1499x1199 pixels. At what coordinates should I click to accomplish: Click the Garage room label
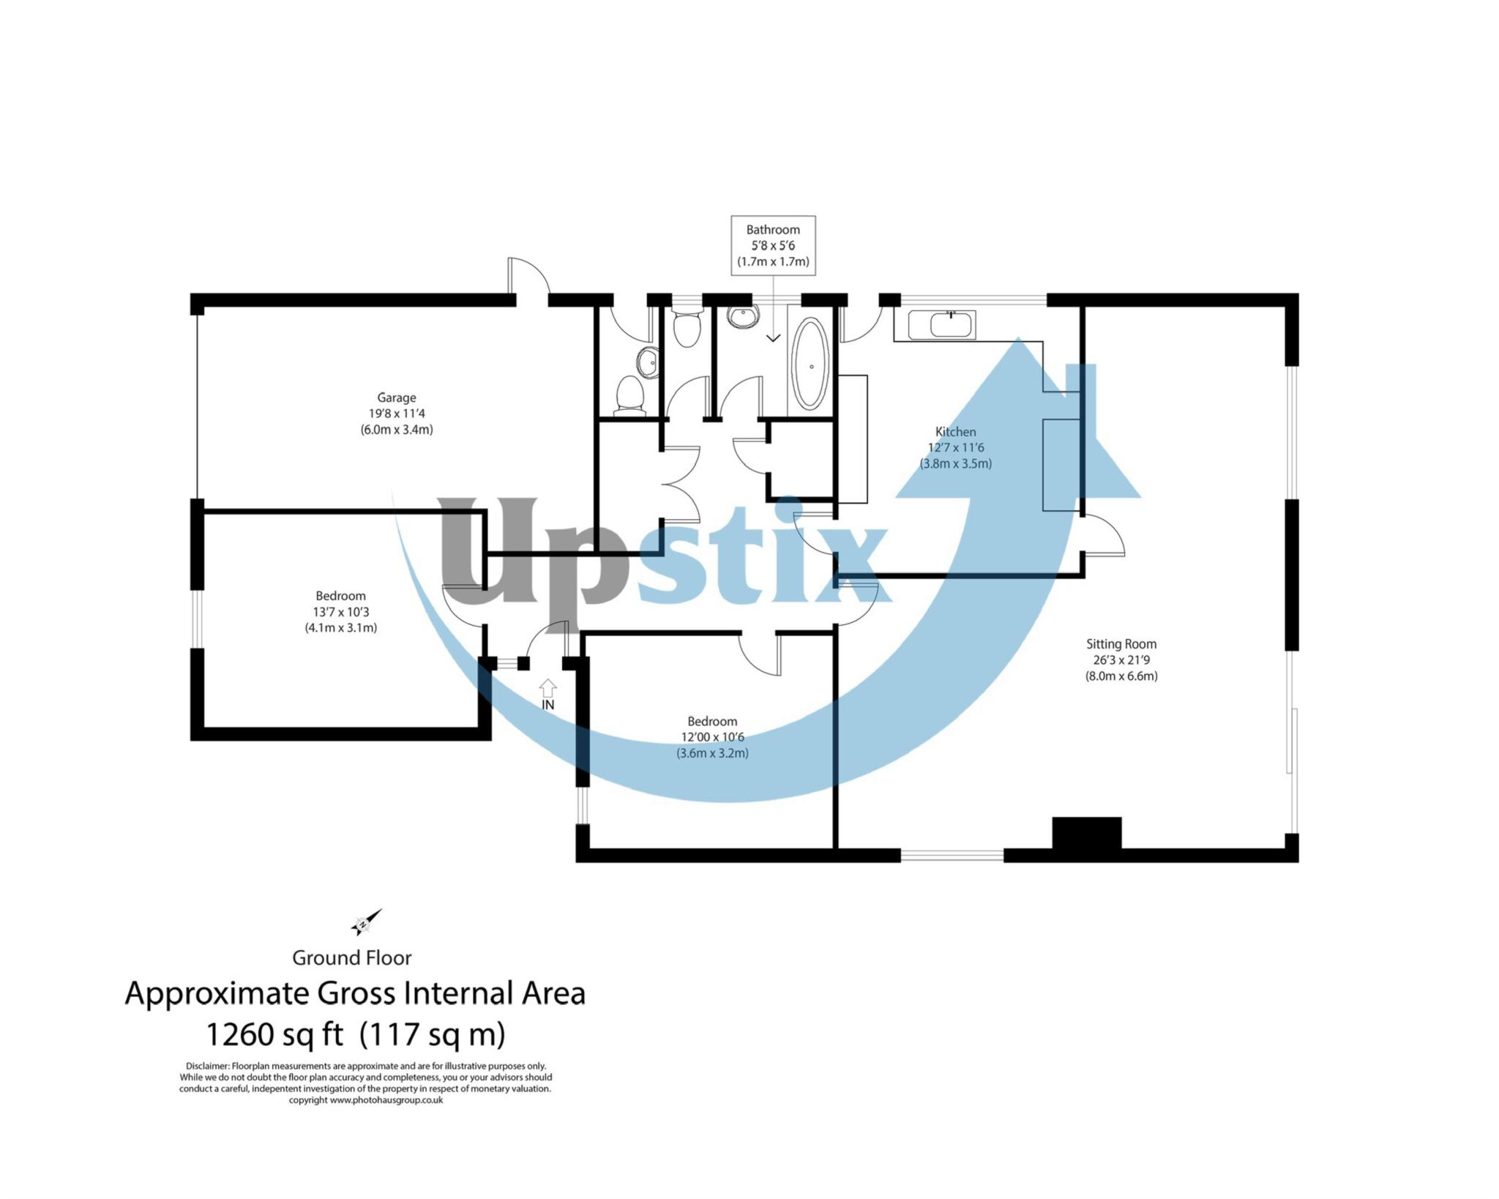[x=396, y=397]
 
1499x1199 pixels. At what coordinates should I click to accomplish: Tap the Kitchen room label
[x=955, y=432]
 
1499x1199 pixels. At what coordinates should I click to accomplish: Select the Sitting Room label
[x=1121, y=644]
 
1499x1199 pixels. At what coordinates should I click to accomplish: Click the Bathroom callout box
[x=773, y=245]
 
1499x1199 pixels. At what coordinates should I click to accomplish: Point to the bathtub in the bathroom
[x=810, y=364]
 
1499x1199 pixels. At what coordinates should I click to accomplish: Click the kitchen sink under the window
[x=941, y=325]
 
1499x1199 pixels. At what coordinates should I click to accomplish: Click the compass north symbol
[x=365, y=923]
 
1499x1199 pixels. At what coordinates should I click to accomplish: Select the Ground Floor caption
[x=352, y=957]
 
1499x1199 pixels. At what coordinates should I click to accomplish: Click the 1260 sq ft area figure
[x=274, y=1035]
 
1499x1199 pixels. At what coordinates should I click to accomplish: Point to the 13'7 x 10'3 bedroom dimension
[x=340, y=612]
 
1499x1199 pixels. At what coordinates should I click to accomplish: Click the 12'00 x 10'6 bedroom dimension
[x=712, y=737]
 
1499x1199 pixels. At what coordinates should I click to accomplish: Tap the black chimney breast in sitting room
[x=1086, y=833]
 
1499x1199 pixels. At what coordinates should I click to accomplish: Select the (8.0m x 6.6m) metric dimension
[x=1121, y=676]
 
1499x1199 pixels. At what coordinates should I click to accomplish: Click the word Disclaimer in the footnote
[x=208, y=1067]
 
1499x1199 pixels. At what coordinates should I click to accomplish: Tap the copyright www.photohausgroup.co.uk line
[x=366, y=1099]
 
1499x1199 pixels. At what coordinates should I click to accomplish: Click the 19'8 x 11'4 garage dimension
[x=396, y=414]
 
